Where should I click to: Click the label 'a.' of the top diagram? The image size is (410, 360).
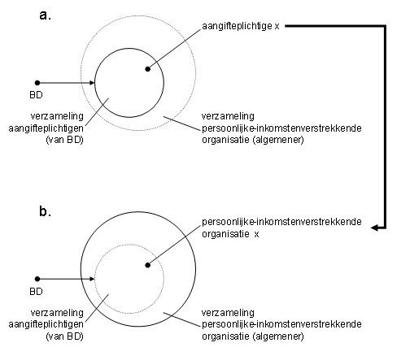coord(45,15)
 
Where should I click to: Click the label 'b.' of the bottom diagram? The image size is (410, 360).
coord(45,211)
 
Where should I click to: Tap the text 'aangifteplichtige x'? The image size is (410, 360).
coord(241,26)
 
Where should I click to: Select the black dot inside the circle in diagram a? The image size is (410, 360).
coord(148,69)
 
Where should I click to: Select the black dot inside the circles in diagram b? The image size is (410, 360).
coord(148,265)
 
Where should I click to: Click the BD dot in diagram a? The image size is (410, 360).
coord(37,83)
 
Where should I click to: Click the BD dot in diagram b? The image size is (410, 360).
coord(37,279)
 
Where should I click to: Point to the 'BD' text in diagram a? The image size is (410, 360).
coord(36,95)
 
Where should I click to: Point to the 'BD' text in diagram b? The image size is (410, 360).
coord(36,292)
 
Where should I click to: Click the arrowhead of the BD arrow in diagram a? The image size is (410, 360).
coord(92,83)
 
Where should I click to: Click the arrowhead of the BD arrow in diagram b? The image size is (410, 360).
coord(92,279)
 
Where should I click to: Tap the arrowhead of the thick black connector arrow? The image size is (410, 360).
coord(374,228)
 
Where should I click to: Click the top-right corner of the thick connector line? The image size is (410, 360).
coord(385,26)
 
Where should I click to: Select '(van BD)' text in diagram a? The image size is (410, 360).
coord(64,140)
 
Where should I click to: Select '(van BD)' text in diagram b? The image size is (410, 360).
coord(64,336)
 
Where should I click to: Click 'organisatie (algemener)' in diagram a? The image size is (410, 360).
coord(253,140)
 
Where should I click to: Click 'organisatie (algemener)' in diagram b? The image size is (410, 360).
coord(253,336)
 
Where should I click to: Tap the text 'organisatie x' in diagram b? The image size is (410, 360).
coord(230,234)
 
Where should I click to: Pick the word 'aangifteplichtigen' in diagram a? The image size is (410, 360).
coord(46,128)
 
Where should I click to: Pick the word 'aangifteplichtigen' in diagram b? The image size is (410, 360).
coord(46,324)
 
